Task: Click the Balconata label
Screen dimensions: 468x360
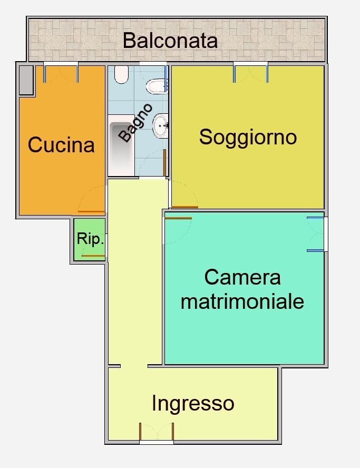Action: (x=170, y=41)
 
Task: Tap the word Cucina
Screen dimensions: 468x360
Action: (x=61, y=144)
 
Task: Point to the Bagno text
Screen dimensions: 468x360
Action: (x=135, y=123)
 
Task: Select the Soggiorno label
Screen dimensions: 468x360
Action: (x=248, y=137)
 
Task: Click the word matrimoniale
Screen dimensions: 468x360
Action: (x=242, y=301)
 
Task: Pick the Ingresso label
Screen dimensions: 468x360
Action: (x=192, y=404)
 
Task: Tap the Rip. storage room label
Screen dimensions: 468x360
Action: (x=90, y=239)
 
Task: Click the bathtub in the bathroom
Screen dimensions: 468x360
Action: (x=121, y=146)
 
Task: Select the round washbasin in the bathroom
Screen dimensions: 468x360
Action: (x=161, y=125)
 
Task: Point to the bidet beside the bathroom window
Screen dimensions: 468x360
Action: (x=156, y=86)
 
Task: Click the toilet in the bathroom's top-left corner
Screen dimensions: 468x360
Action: (x=121, y=75)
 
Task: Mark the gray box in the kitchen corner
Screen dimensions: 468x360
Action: (x=26, y=80)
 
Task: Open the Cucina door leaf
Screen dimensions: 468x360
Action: (x=91, y=211)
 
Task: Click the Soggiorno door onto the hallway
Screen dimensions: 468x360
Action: (x=184, y=207)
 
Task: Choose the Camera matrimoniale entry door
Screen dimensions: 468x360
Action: (x=178, y=218)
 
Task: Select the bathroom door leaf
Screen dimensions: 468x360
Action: (x=165, y=162)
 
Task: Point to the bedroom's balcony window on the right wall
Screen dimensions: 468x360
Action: (x=315, y=234)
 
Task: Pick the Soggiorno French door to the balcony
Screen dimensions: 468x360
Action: (x=251, y=73)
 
